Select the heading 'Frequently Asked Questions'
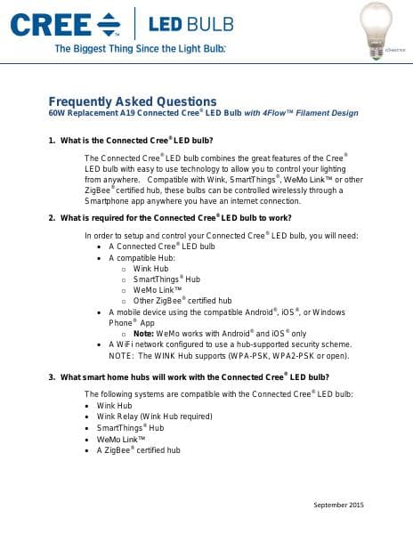(132, 101)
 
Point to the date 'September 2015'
(339, 506)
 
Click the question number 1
(52, 141)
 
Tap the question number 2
(52, 217)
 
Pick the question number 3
(52, 377)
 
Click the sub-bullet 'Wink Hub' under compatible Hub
(150, 268)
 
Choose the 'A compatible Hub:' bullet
(142, 257)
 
